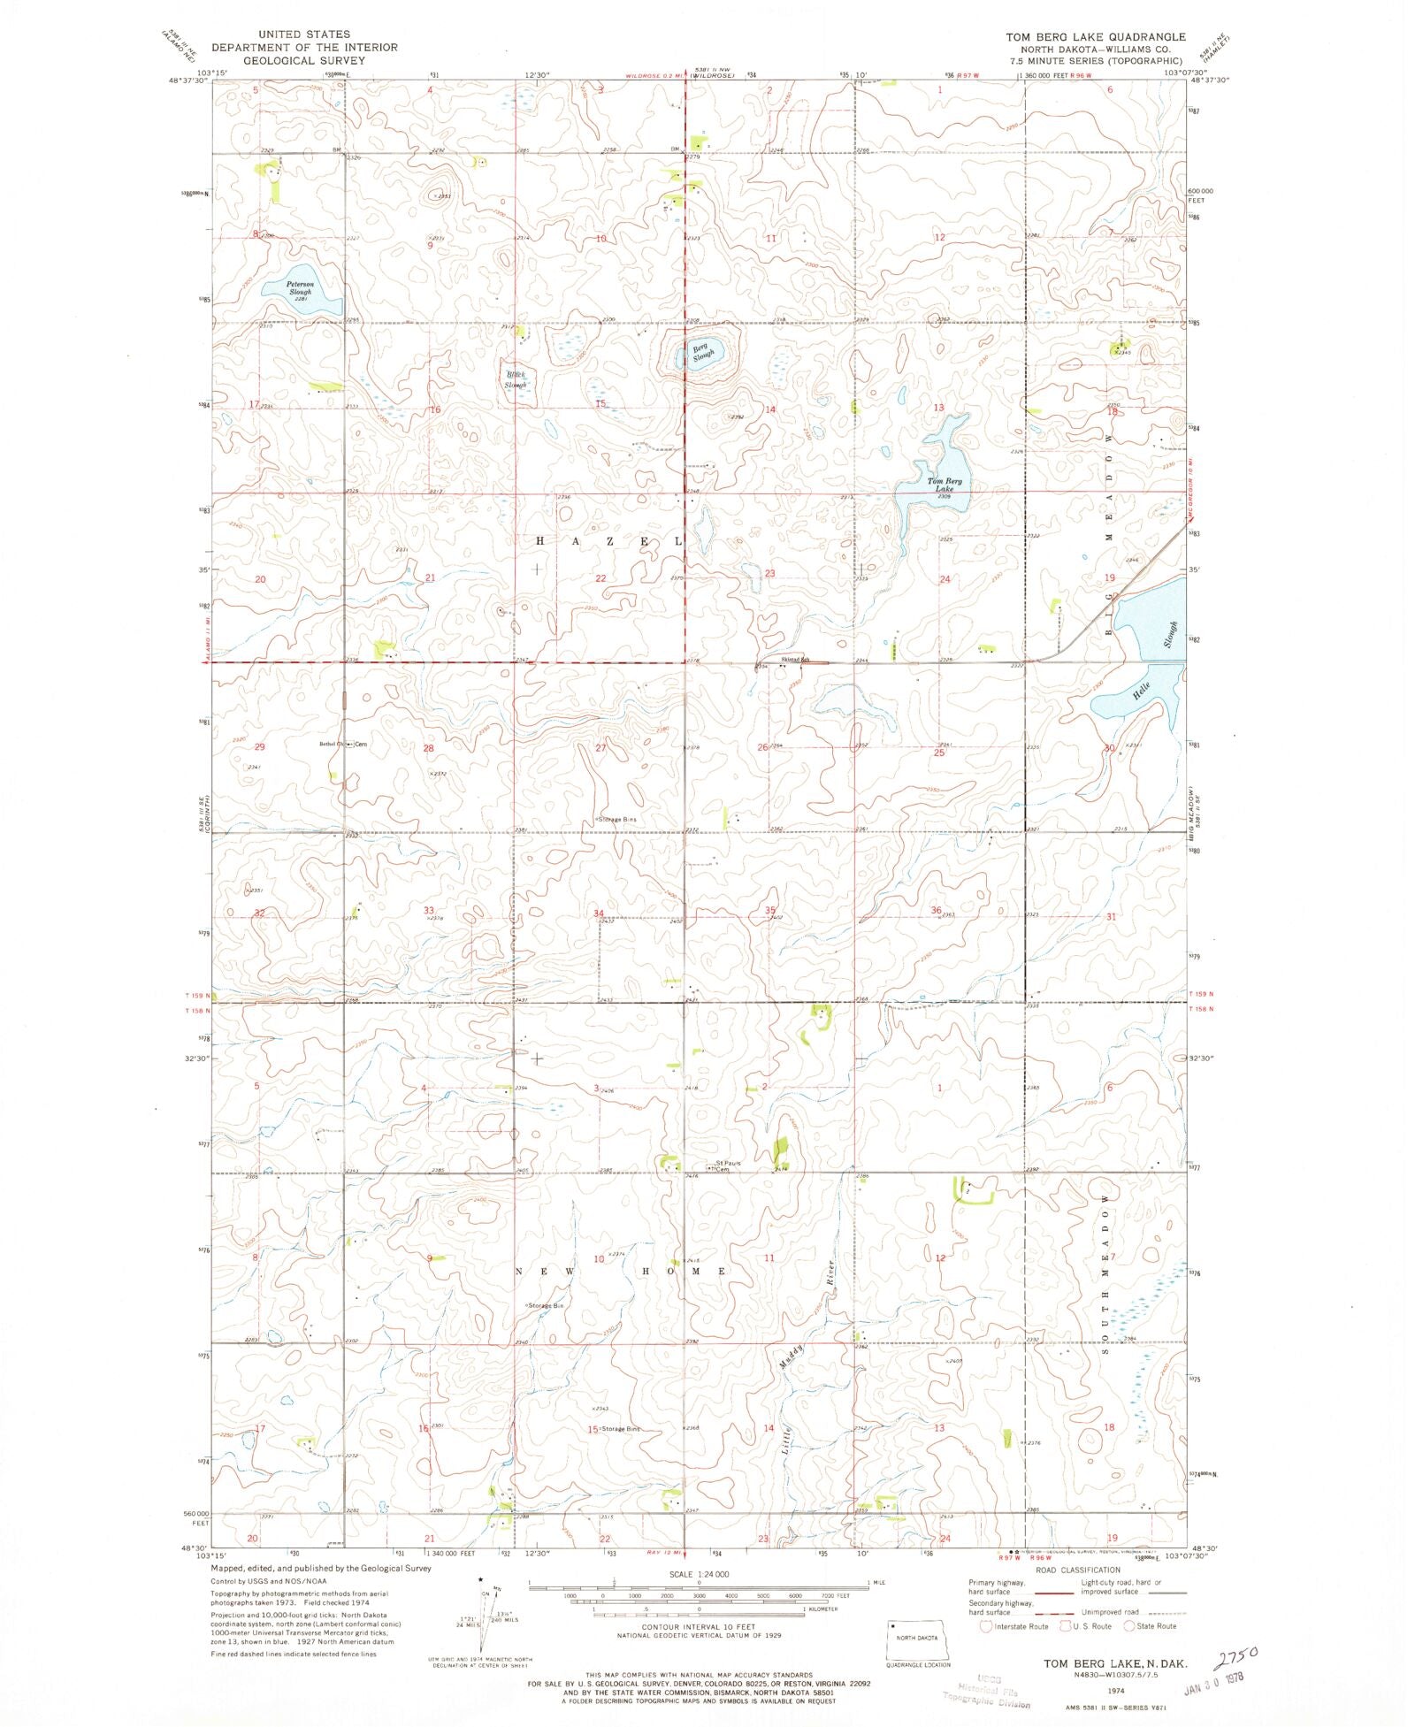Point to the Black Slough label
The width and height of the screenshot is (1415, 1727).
click(x=516, y=379)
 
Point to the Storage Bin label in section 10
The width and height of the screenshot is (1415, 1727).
click(x=546, y=1305)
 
